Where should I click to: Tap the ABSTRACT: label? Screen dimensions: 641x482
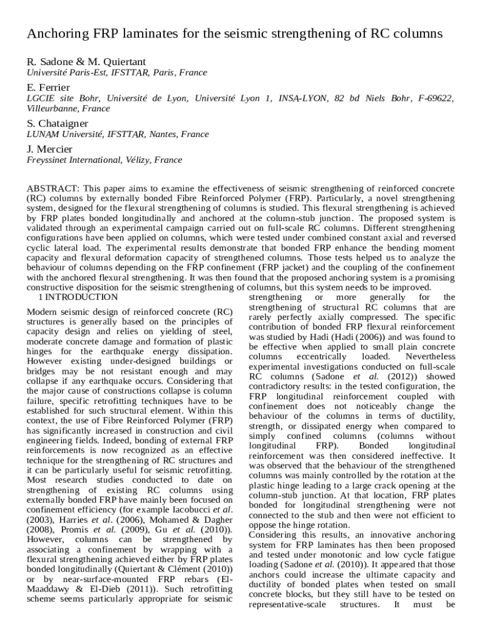pyautogui.click(x=53, y=188)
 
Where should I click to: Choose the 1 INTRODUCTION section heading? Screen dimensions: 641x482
pyautogui.click(x=78, y=297)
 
